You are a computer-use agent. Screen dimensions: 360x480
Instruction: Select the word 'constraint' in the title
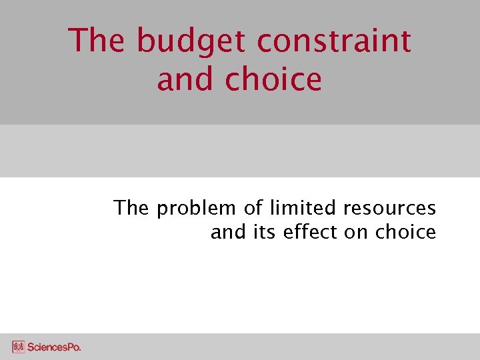click(333, 41)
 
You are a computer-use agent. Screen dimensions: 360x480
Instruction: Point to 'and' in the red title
click(186, 79)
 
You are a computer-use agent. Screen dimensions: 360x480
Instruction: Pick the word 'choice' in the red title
click(273, 79)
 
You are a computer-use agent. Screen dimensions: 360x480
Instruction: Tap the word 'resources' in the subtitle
click(389, 209)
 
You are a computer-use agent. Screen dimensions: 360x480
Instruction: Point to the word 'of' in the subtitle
click(253, 208)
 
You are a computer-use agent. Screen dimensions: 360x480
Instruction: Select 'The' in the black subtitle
click(131, 208)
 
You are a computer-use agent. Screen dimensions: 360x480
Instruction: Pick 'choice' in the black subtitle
click(405, 232)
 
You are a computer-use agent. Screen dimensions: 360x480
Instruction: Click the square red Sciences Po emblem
click(18, 347)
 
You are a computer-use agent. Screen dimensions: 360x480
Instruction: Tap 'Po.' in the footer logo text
click(73, 347)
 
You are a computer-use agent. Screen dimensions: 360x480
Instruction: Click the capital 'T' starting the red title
click(79, 41)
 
